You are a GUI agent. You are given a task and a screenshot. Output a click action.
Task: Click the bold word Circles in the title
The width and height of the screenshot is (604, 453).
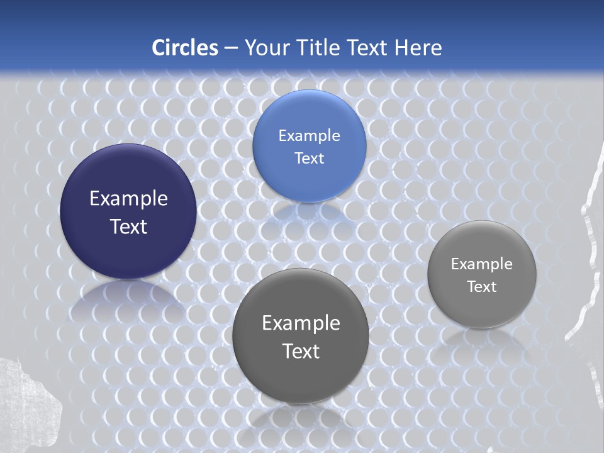point(185,48)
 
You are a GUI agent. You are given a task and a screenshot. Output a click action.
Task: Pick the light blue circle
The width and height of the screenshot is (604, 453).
point(309,113)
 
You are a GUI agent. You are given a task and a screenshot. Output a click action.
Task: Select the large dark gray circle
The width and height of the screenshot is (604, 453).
point(301,377)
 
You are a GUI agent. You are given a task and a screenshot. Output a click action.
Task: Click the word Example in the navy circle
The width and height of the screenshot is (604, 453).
point(128,199)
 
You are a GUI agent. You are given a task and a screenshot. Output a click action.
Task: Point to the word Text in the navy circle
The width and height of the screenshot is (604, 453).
point(128,226)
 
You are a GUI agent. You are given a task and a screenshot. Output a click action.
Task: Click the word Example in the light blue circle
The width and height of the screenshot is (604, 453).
point(309,136)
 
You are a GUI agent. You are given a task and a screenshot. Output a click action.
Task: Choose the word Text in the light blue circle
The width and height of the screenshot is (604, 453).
point(309,158)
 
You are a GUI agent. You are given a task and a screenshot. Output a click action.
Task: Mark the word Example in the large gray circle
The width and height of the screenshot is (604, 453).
point(301,323)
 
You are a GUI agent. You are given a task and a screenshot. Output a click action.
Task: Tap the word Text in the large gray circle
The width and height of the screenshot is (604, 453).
point(301,351)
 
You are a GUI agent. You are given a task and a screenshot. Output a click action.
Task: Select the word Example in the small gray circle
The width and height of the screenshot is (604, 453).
point(482,264)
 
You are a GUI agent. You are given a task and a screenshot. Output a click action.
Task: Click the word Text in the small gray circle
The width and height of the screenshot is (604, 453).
point(482,286)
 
